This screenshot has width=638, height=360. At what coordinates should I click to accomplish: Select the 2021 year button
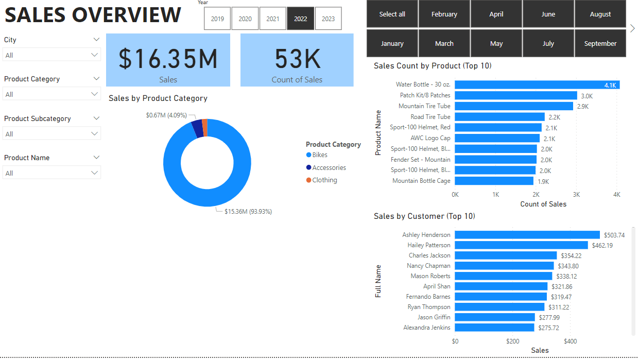click(272, 19)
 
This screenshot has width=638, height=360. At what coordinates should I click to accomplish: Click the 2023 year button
click(328, 19)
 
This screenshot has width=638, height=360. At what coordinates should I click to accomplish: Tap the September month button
click(600, 44)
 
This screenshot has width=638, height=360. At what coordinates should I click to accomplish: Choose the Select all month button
click(392, 14)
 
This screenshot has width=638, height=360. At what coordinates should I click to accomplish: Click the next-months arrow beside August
click(632, 28)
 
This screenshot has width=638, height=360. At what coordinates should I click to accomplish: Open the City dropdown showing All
click(51, 55)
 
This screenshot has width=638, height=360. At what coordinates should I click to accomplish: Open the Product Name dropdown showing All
click(51, 173)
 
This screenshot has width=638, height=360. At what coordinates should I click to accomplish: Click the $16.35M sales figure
click(168, 59)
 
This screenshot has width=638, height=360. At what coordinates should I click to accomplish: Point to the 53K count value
click(297, 59)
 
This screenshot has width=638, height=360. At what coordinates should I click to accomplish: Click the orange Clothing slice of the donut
click(205, 128)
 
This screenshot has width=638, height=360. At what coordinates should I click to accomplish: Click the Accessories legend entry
click(326, 167)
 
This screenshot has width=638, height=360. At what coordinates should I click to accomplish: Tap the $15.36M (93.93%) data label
click(248, 212)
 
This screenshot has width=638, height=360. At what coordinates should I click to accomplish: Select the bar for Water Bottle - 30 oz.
click(537, 85)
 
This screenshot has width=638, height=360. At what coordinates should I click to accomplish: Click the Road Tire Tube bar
click(499, 117)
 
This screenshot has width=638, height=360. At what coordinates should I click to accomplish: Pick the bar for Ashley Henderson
click(527, 235)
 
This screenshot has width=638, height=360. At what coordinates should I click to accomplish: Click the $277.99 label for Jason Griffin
click(549, 318)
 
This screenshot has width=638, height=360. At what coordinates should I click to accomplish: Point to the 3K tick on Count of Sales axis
click(576, 195)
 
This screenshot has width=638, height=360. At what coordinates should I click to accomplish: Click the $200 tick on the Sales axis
click(513, 341)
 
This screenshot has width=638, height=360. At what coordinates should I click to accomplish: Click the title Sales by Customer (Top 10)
click(424, 216)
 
